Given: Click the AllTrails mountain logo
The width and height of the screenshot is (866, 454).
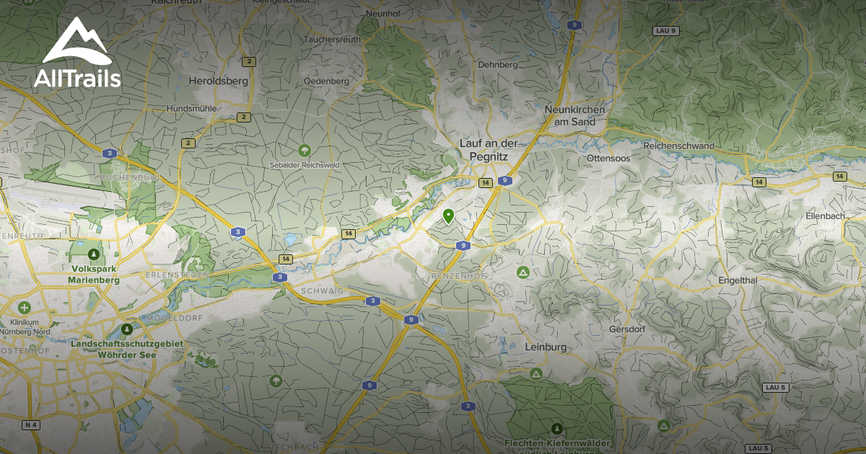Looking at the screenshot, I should [x=76, y=42].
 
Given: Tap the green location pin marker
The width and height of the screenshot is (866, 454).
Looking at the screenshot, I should [x=448, y=215].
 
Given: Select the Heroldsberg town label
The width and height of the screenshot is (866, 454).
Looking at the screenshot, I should [x=218, y=81].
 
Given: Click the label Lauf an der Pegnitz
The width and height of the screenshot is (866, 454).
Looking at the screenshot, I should [x=489, y=149].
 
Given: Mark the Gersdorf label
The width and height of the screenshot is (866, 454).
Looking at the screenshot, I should [x=626, y=329].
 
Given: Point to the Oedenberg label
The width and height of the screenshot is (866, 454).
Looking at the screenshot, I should [x=326, y=81].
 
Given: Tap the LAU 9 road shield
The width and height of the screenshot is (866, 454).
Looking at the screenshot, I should [x=665, y=30].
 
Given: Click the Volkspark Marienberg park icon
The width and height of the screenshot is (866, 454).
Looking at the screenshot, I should [x=92, y=254].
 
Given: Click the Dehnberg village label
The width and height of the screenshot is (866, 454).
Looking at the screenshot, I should [x=498, y=65].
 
